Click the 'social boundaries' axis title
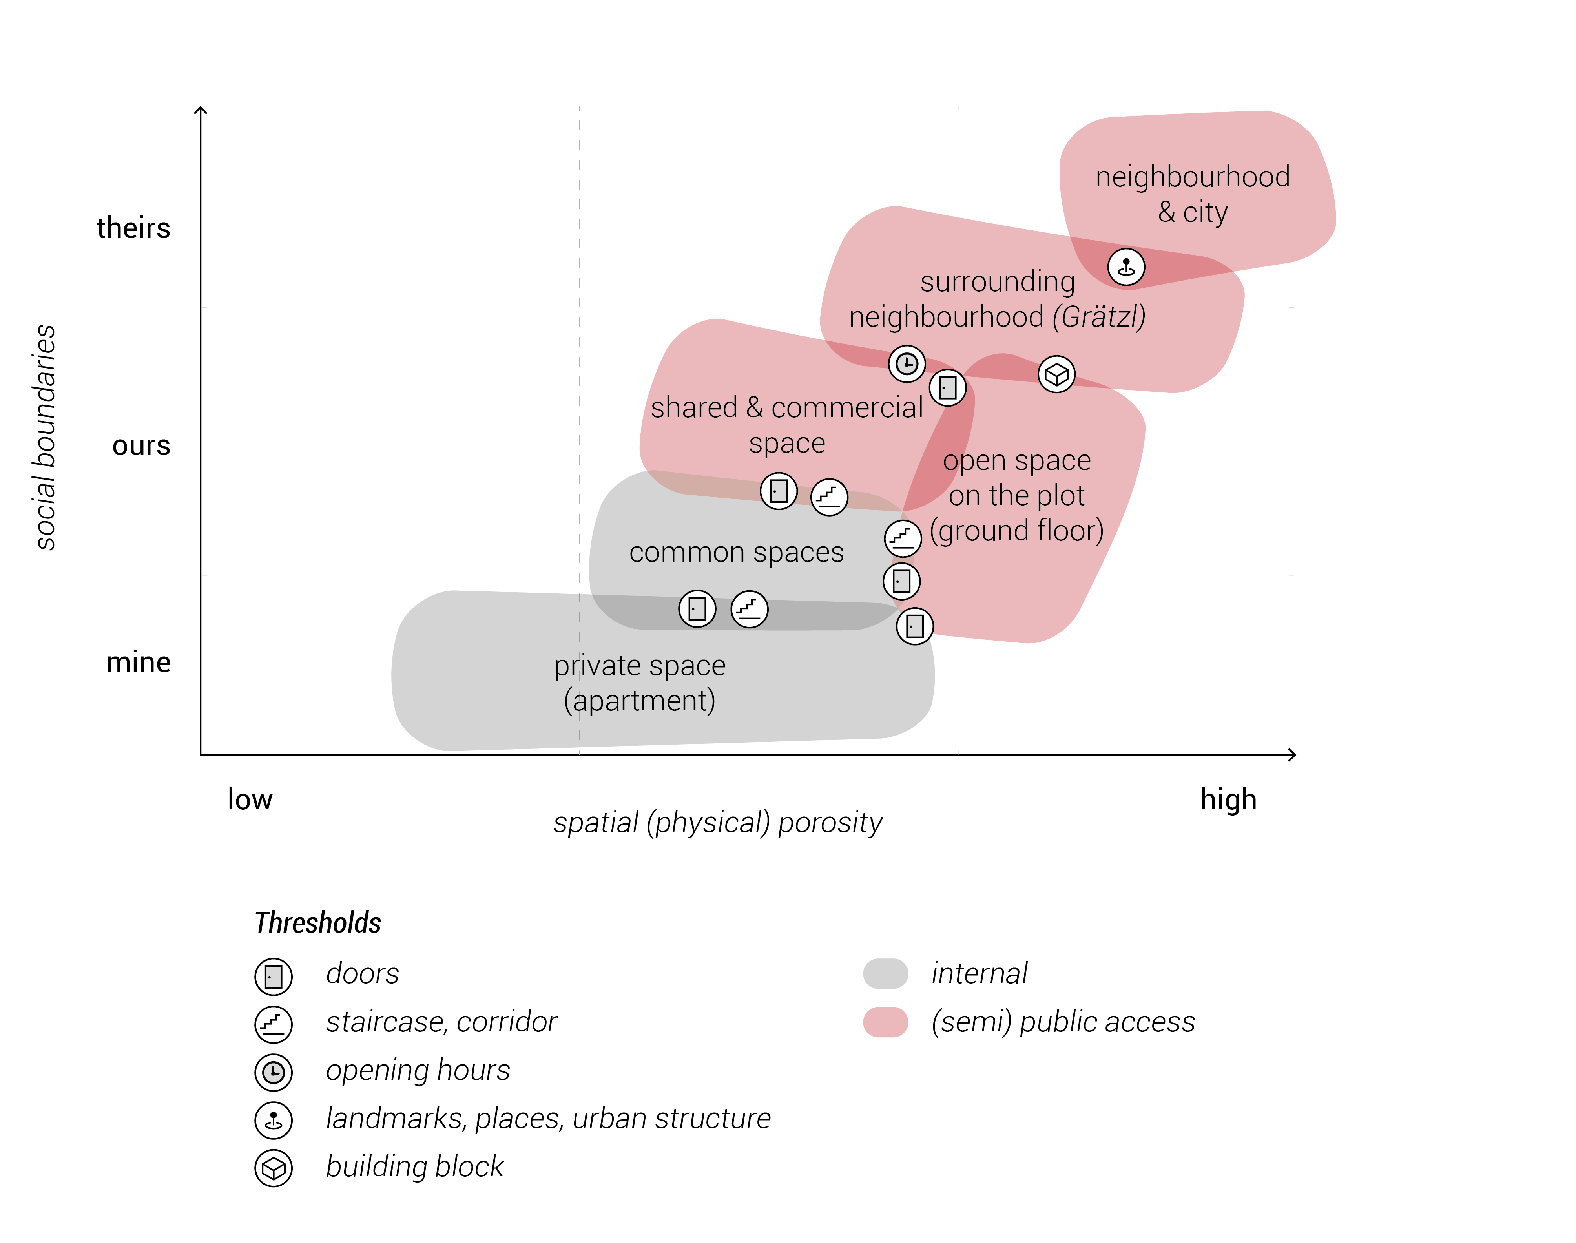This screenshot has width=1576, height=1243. coord(45,437)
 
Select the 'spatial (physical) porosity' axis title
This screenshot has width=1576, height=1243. coord(717,822)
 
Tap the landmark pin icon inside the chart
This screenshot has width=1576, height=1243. coord(1125,267)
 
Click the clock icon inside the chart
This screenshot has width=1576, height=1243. coord(907,363)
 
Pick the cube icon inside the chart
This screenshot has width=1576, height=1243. coord(1056,374)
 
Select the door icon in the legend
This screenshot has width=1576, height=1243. coord(274,976)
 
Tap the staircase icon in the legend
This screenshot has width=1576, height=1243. coord(274,1024)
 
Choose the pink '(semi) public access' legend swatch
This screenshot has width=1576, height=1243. coord(885,1022)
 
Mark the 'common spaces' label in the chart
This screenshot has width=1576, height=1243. coord(736,552)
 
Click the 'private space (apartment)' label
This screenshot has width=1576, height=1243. coord(640,683)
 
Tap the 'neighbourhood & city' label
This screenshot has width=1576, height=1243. coord(1193,194)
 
